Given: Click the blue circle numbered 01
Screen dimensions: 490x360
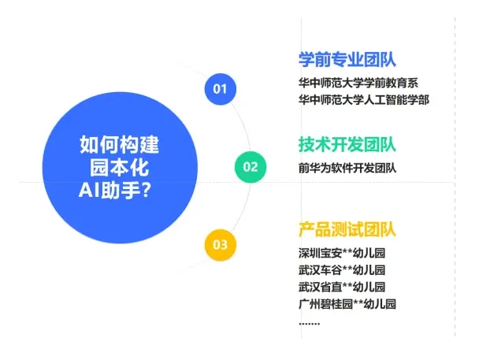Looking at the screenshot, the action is (x=220, y=88).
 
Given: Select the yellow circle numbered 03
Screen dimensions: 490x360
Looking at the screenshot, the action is (x=220, y=244).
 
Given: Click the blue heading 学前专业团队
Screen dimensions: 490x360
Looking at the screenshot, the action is (x=347, y=60).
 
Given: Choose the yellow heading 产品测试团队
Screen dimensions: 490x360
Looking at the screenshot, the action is (x=347, y=230).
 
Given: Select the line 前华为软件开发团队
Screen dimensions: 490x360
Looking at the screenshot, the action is (x=347, y=167).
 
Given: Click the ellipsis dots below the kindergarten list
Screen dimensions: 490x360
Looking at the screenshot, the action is (x=309, y=323).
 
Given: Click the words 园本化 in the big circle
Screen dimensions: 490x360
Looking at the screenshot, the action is (x=120, y=168).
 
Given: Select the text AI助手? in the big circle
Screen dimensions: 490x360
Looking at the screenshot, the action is (x=115, y=190).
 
